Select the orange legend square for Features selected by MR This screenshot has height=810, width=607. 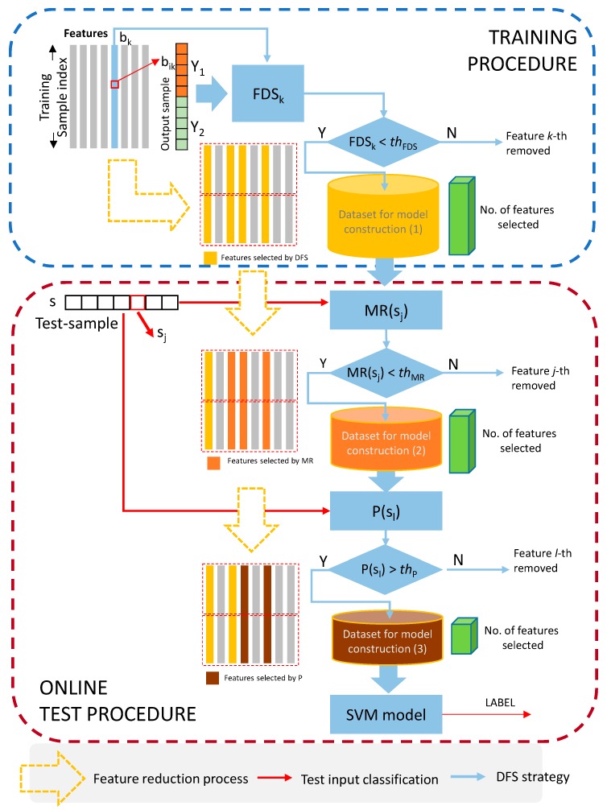[x=214, y=464]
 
